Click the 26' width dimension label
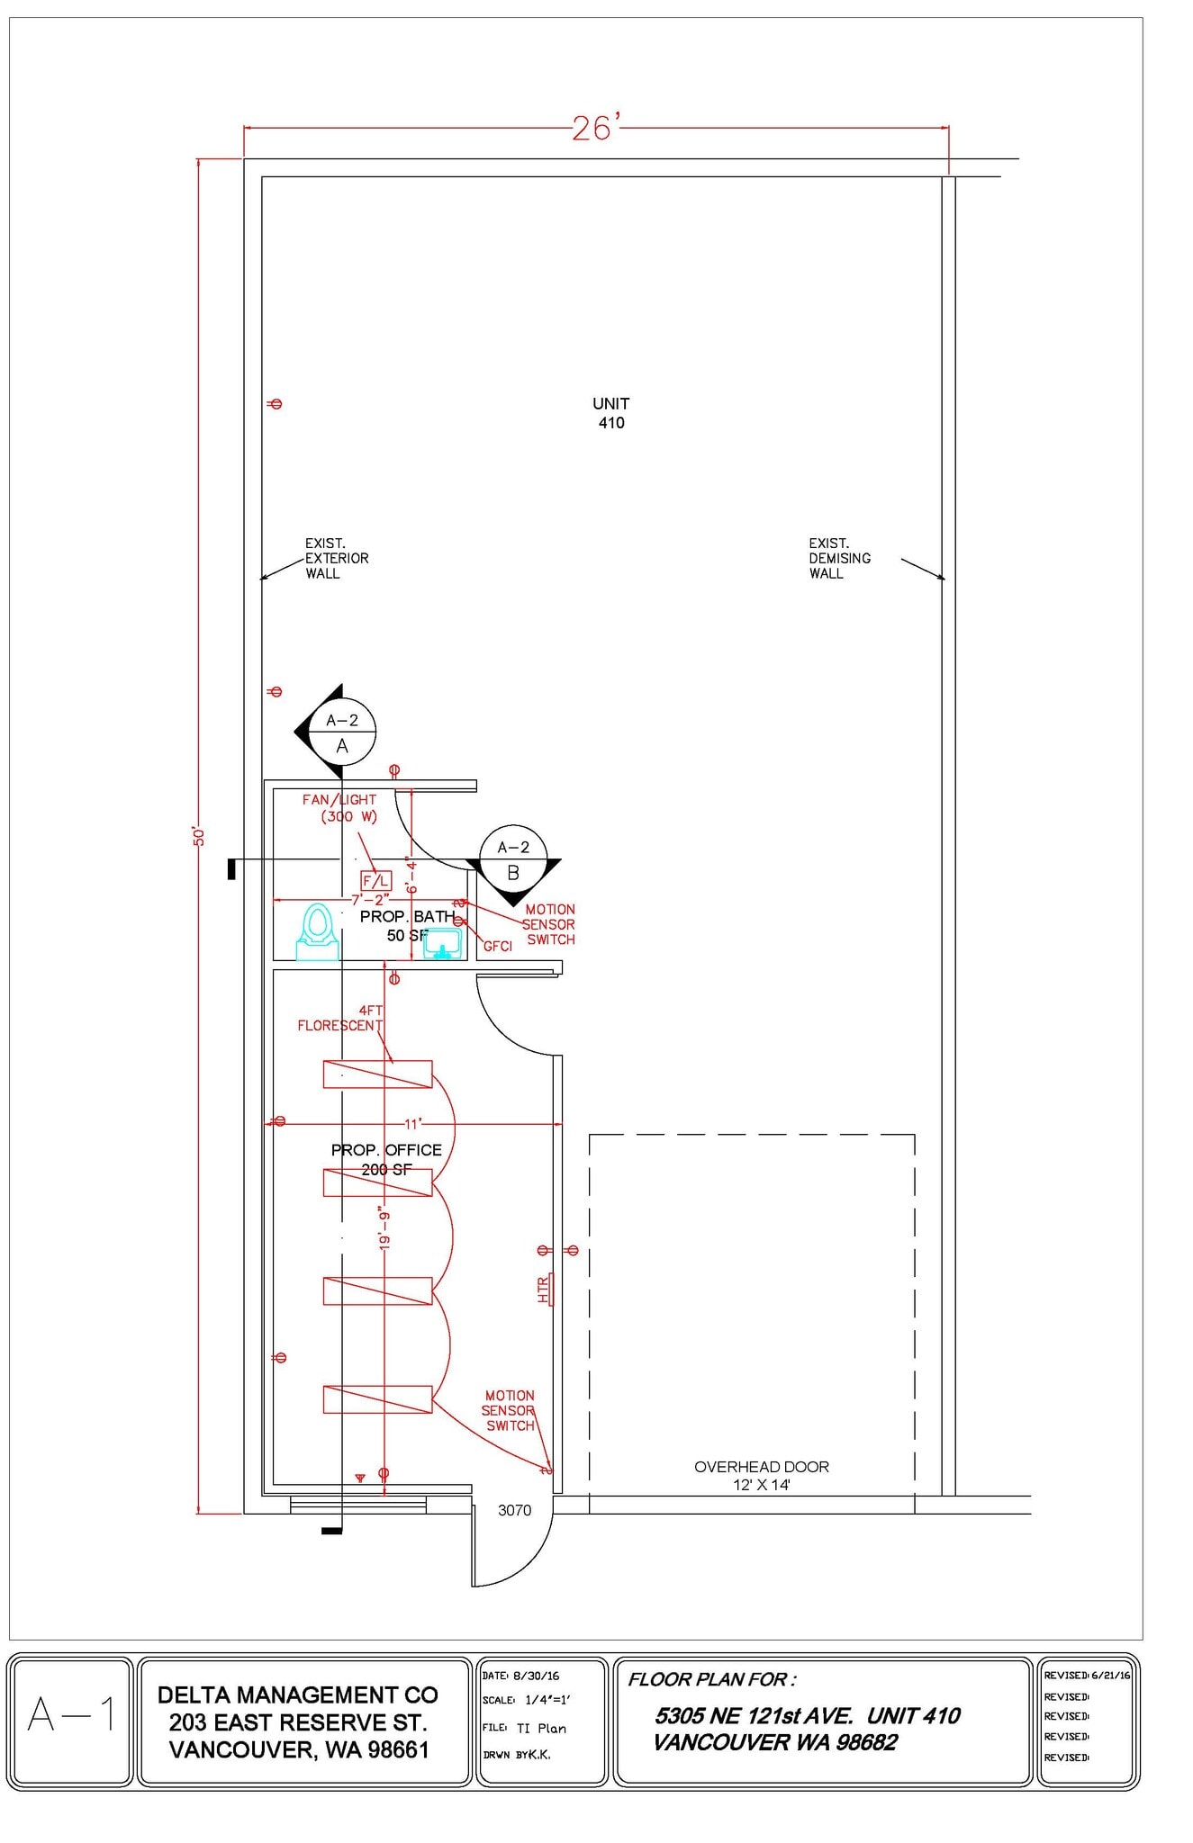596,128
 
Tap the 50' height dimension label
199,836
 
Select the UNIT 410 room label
611,413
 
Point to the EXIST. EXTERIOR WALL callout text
337,558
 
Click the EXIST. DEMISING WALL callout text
839,558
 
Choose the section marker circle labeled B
513,859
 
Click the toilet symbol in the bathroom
317,932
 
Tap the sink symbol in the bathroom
442,944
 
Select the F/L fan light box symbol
376,882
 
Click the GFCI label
498,946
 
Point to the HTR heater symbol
546,1289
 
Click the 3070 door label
514,1510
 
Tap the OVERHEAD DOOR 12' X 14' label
762,1476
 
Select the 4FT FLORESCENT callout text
340,1018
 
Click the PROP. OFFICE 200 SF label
386,1160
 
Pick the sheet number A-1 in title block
71,1714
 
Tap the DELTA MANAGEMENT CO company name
298,1695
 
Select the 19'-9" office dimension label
384,1227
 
